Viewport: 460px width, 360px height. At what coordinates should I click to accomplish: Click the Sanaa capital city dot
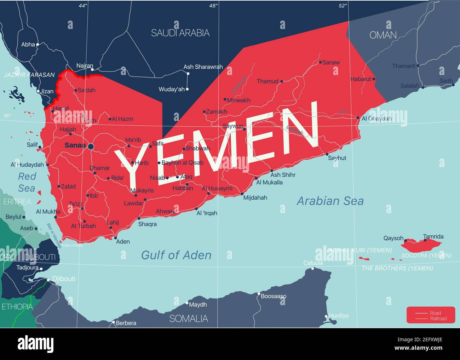click(x=91, y=147)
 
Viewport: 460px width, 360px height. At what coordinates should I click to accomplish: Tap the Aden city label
click(x=123, y=241)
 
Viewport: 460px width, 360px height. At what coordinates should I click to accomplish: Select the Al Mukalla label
click(x=269, y=183)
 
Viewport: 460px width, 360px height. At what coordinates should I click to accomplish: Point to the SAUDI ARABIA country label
click(x=180, y=33)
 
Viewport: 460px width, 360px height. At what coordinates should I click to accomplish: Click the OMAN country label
click(x=383, y=35)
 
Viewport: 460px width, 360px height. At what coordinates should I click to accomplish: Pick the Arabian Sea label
click(x=330, y=201)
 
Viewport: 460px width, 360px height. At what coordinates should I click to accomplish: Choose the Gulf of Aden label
click(x=176, y=255)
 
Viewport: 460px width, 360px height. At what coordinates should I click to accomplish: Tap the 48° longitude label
click(x=213, y=6)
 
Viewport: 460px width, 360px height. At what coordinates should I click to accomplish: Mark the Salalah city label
click(x=410, y=86)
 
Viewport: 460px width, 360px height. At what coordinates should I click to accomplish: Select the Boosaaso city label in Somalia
click(x=274, y=296)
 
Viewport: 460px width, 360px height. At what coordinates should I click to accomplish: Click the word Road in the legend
click(x=435, y=313)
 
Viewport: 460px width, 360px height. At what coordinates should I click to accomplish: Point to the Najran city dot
click(x=92, y=69)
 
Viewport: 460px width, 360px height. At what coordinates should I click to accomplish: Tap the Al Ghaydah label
click(x=376, y=119)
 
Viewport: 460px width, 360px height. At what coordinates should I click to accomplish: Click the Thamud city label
click(x=268, y=81)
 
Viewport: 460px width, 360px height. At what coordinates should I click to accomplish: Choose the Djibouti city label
click(x=64, y=279)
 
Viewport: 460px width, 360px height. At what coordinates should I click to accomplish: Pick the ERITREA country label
click(x=17, y=202)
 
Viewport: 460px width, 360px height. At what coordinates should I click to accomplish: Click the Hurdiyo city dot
click(x=326, y=316)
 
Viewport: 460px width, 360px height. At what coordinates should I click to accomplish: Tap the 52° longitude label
click(x=343, y=6)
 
